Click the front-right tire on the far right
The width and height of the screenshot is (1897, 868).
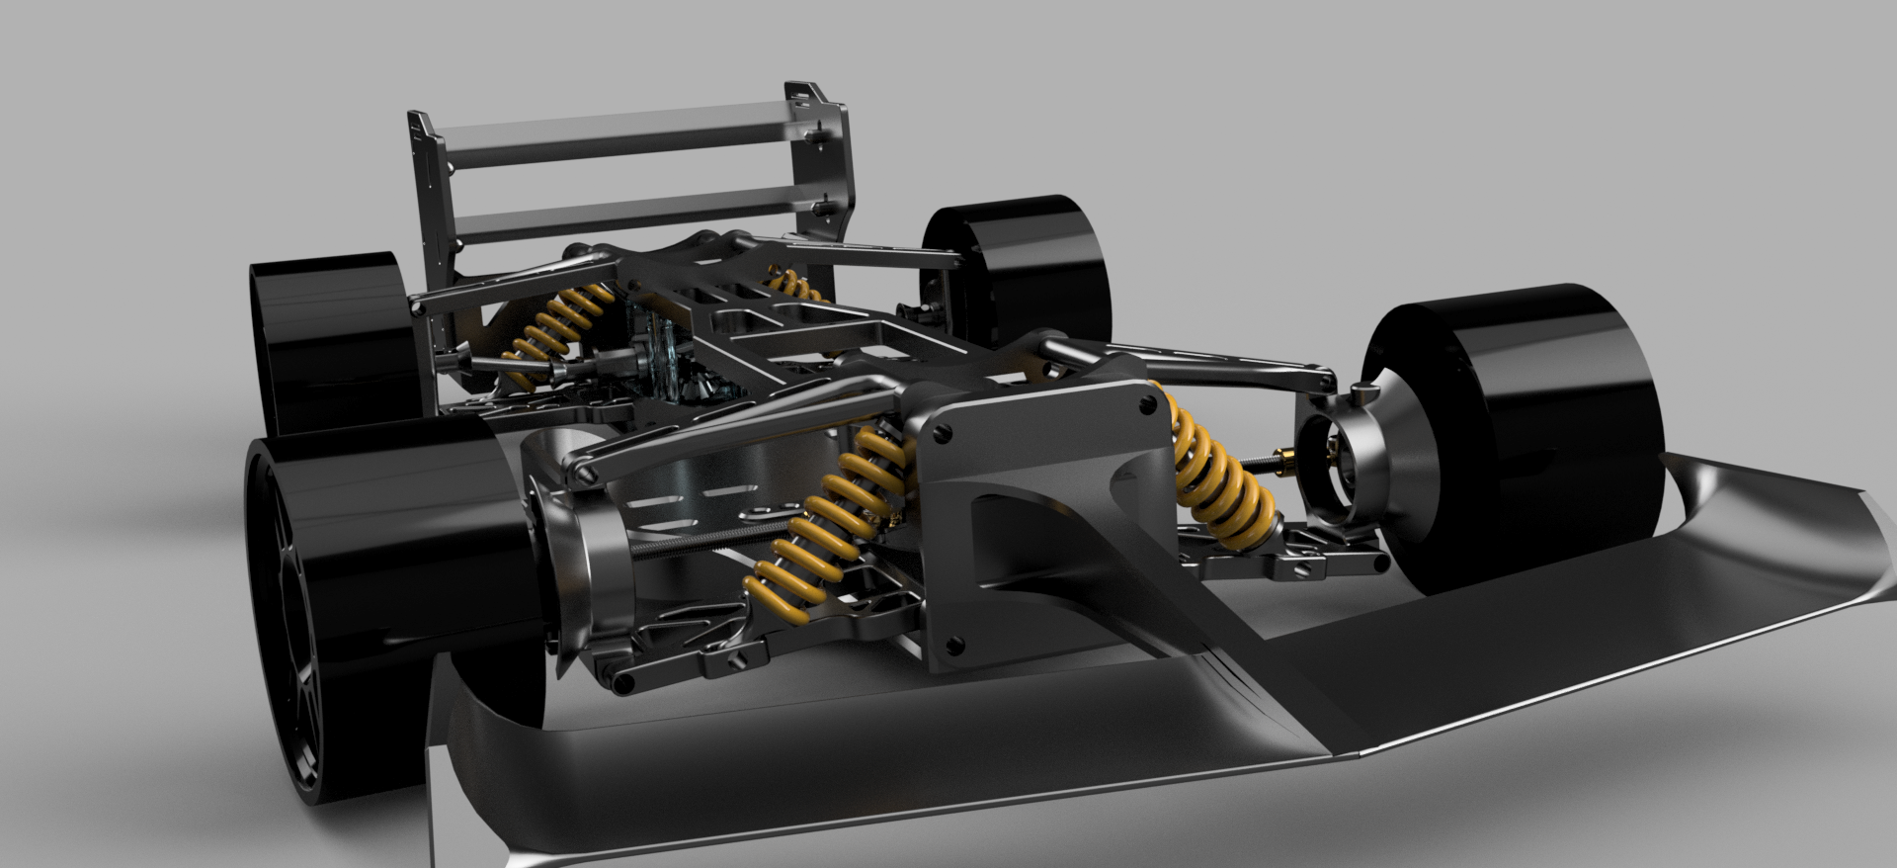1541,435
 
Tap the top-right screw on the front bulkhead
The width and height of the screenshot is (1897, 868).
1146,403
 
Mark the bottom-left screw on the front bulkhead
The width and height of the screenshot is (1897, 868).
953,646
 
